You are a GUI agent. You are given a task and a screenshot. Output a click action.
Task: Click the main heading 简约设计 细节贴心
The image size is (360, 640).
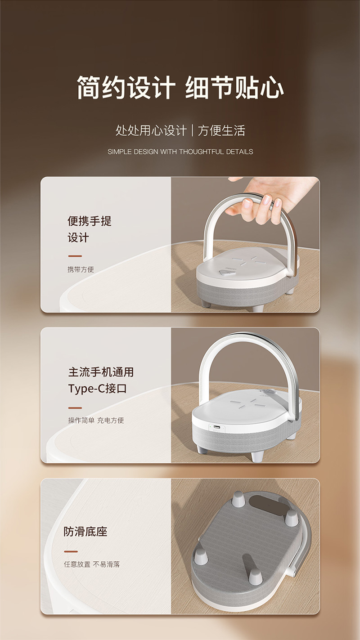[x=180, y=88]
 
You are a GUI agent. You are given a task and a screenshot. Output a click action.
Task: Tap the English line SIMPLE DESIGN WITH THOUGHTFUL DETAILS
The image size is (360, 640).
[x=180, y=152]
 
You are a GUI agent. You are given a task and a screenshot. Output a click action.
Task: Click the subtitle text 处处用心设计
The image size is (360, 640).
[x=151, y=130]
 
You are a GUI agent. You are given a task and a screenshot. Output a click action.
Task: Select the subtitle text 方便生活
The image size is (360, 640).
[x=221, y=130]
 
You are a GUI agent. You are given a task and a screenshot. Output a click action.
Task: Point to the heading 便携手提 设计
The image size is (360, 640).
[x=90, y=229]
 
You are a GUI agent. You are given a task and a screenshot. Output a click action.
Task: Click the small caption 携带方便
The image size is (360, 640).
[x=81, y=269]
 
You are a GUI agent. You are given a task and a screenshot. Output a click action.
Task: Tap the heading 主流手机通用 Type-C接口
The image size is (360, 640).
[x=101, y=380]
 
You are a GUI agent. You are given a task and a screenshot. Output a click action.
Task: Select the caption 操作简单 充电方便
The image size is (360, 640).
[x=96, y=420]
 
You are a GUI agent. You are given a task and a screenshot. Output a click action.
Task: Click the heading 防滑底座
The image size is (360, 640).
[x=85, y=532]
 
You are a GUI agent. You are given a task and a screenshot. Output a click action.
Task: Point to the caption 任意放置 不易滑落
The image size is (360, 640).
[x=91, y=564]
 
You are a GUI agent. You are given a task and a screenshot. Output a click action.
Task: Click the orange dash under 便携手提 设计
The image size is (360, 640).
[x=75, y=256]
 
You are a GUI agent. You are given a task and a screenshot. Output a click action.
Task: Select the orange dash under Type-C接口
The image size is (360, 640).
[x=75, y=408]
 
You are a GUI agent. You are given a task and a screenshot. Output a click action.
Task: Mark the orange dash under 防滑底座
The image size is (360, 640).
[x=71, y=551]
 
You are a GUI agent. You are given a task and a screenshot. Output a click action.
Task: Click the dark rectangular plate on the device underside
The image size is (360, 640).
[x=268, y=506]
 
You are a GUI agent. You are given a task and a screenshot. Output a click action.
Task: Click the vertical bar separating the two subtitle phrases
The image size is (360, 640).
[x=192, y=130]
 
